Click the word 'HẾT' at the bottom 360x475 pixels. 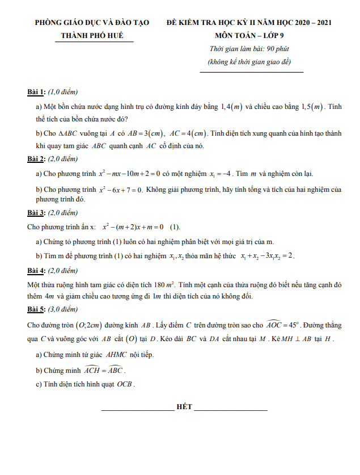184,407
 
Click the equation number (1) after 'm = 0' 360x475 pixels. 175,228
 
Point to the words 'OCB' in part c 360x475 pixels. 126,384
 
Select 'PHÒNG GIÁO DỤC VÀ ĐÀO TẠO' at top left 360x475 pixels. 92,23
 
